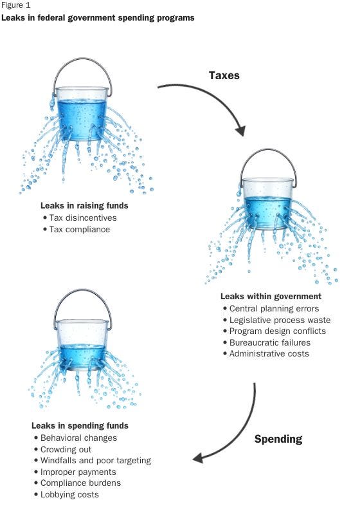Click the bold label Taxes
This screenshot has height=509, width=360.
tap(224, 75)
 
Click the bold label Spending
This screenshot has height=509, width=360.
tap(278, 440)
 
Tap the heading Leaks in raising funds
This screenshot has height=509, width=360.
tap(84, 205)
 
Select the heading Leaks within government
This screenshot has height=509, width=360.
tap(271, 297)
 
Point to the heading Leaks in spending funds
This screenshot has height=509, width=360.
tap(80, 425)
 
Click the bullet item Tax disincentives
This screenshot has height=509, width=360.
tap(83, 217)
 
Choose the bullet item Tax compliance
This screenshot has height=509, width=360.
tap(80, 229)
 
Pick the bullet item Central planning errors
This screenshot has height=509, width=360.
tap(274, 308)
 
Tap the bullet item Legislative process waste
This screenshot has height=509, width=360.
tap(280, 320)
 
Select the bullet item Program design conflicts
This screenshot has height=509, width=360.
tap(278, 331)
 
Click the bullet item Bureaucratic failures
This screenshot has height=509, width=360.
tap(270, 342)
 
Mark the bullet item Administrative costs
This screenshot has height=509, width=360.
tap(269, 353)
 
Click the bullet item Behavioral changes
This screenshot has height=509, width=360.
tap(78, 438)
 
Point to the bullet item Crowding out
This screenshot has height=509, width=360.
tap(66, 449)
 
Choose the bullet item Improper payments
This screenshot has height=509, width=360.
tap(78, 472)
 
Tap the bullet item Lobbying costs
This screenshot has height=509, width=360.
tap(69, 494)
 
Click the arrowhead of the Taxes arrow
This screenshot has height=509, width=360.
tap(240, 131)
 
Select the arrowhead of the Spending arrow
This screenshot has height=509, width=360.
tap(198, 458)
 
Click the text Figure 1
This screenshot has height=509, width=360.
tap(16, 6)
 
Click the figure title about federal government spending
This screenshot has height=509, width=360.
tap(98, 17)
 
